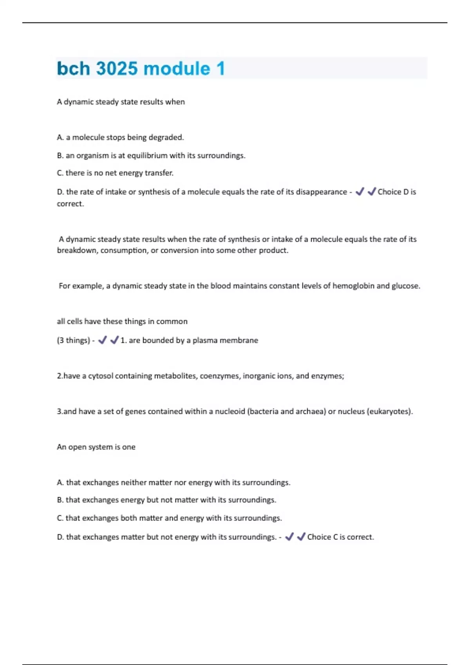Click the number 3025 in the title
click(x=117, y=68)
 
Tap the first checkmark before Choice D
click(x=360, y=191)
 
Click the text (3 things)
click(x=74, y=340)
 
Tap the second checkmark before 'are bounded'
click(x=114, y=340)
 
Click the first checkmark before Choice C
click(x=289, y=537)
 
